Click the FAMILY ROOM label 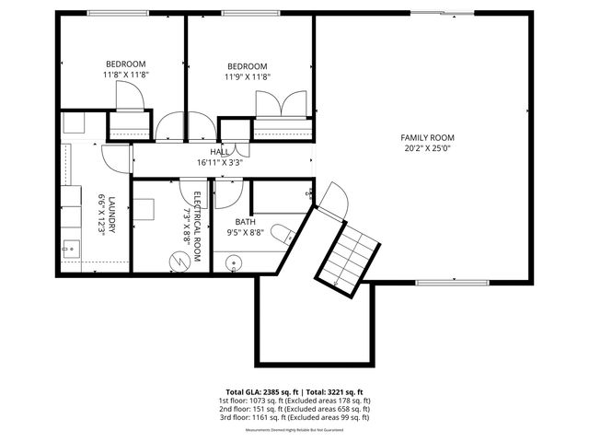point(428,137)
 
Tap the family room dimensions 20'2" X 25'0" point(428,148)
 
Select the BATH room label point(245,222)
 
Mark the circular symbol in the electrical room point(177,262)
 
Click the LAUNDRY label point(111,215)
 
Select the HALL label point(220,152)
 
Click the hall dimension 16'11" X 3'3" point(220,163)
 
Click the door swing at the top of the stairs point(335,199)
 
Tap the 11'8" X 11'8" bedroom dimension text point(125,75)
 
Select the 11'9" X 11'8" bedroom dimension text point(248,77)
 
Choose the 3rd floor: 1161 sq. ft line point(294,417)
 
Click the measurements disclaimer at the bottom point(294,430)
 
